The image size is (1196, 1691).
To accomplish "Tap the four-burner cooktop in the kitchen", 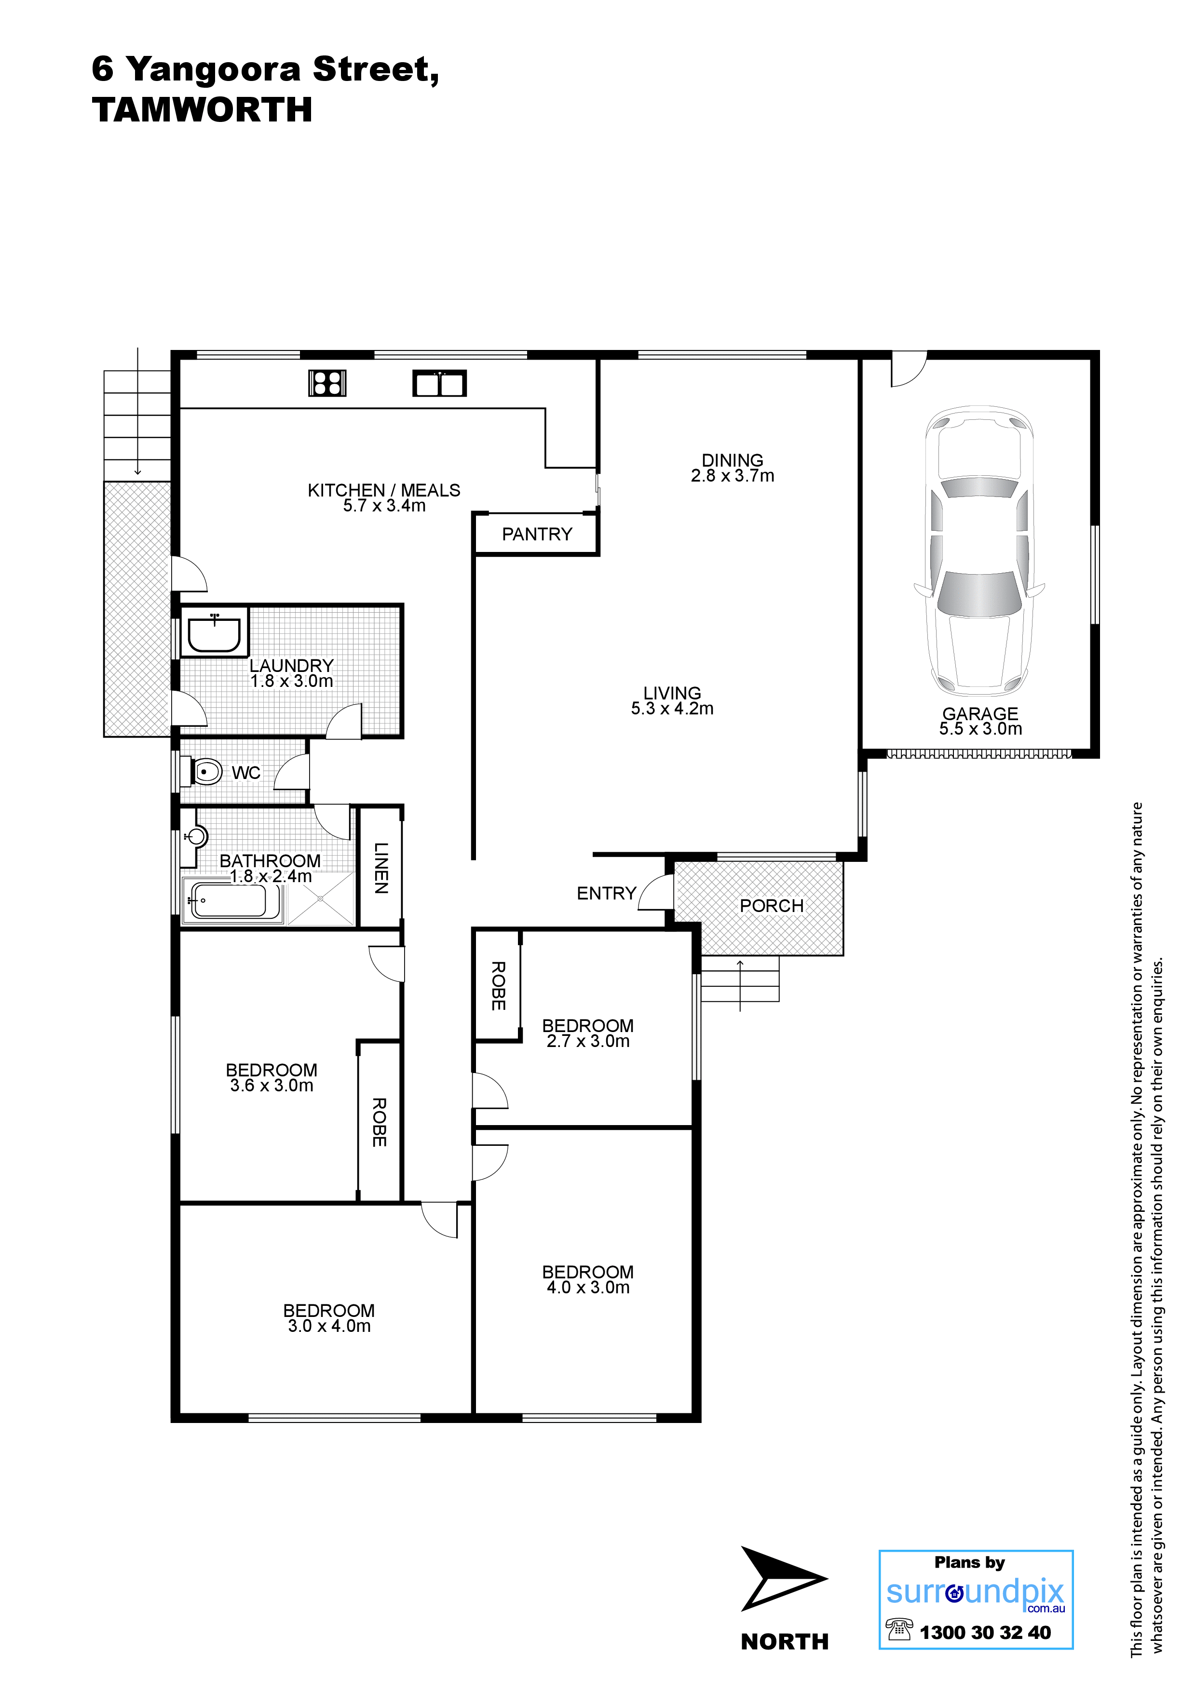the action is tap(327, 383).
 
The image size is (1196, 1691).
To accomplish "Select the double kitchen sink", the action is tap(439, 383).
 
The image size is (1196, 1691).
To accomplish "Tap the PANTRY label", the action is tap(537, 534).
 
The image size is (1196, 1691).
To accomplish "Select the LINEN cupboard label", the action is tap(380, 868).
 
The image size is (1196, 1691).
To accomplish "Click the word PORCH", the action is tap(772, 905).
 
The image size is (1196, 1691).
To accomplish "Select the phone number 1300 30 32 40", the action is tap(985, 1632).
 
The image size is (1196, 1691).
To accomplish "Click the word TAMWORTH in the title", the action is tap(202, 110).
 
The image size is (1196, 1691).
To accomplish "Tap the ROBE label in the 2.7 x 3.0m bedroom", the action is tap(498, 985).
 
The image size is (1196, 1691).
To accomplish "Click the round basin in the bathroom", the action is tap(197, 837).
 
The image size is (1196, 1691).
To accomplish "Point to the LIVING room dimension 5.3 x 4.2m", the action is tap(672, 709).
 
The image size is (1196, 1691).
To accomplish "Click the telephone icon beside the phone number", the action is tap(899, 1629).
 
